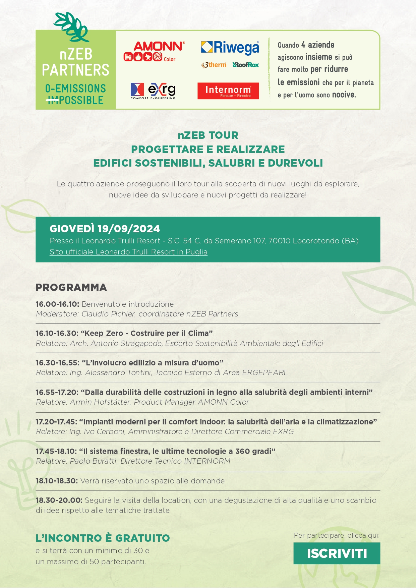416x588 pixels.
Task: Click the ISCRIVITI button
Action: click(337, 553)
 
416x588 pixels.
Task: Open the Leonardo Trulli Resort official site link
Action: click(128, 252)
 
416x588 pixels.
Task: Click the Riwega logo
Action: click(230, 47)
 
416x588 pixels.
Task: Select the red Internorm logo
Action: click(228, 91)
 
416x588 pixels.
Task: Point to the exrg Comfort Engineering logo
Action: click(153, 91)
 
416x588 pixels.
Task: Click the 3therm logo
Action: click(214, 65)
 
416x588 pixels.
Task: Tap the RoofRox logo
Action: click(246, 65)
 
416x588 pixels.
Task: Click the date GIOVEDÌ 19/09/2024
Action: click(105, 229)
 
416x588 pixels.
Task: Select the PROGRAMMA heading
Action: click(71, 287)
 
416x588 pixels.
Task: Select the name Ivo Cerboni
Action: click(104, 431)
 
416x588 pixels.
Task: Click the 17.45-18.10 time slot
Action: click(56, 451)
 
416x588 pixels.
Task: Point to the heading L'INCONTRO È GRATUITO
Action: click(103, 538)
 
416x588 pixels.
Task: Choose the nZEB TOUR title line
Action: click(208, 135)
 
